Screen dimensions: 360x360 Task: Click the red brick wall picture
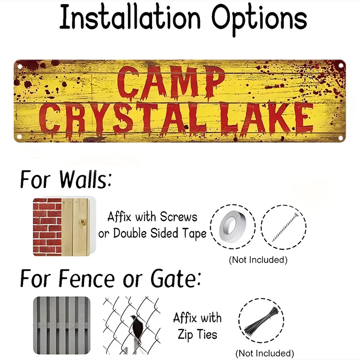[47, 226]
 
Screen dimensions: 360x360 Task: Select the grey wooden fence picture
[61, 325]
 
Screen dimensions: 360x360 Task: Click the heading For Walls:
[66, 180]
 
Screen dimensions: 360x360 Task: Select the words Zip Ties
[197, 334]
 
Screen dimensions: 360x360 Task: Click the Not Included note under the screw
[258, 260]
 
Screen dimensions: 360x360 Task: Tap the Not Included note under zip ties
[265, 353]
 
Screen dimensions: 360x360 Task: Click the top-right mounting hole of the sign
[341, 65]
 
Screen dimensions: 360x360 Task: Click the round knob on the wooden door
[82, 222]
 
